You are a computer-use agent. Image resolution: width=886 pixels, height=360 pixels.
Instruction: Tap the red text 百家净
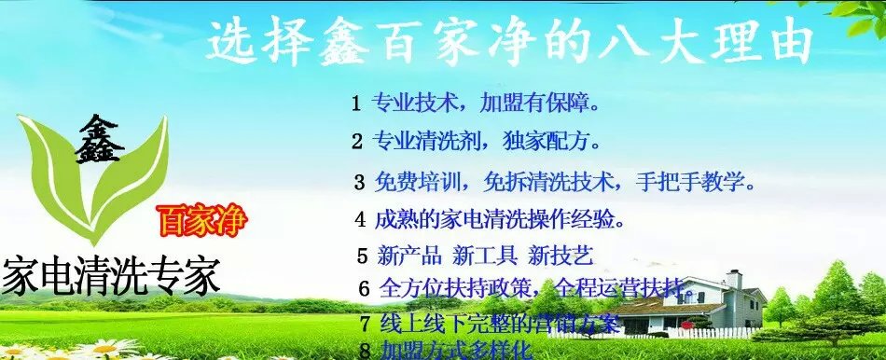202,223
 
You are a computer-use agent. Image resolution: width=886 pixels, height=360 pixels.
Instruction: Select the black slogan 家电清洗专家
111,276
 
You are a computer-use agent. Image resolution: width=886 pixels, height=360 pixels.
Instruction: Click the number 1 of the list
355,104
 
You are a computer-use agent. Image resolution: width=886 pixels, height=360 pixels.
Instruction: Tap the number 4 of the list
360,220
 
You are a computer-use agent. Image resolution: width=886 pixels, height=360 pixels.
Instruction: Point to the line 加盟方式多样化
456,351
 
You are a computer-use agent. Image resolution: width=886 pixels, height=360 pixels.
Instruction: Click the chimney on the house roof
734,279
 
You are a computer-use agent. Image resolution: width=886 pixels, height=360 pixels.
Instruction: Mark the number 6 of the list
364,288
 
